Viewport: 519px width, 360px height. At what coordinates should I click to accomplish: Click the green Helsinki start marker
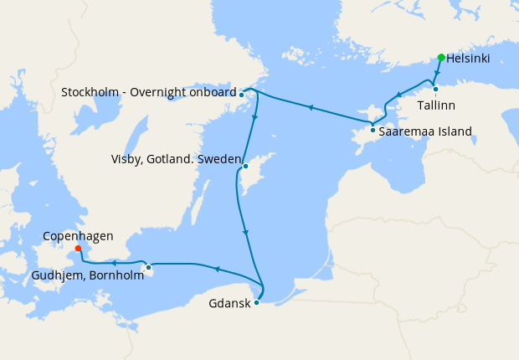tap(441, 58)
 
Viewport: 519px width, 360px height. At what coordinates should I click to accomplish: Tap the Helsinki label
tap(469, 59)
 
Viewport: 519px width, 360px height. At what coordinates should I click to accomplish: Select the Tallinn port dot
tap(435, 89)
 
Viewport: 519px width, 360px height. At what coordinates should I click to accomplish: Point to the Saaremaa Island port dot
tap(373, 130)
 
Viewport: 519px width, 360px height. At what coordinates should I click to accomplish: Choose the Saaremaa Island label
tap(425, 131)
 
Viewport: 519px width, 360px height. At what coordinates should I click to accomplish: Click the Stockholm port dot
tap(241, 95)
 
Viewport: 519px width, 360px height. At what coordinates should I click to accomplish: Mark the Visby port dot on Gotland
tap(245, 167)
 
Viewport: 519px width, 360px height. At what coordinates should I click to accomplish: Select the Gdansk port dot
tap(256, 302)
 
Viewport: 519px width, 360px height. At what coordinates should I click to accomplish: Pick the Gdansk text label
tap(229, 303)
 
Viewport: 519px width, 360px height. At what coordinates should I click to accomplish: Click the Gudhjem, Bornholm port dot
tap(148, 268)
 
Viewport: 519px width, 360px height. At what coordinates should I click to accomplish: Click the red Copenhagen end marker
tap(77, 248)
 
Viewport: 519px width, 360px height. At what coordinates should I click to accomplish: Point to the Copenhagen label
tap(78, 237)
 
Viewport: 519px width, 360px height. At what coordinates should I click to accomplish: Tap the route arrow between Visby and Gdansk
tap(244, 233)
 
